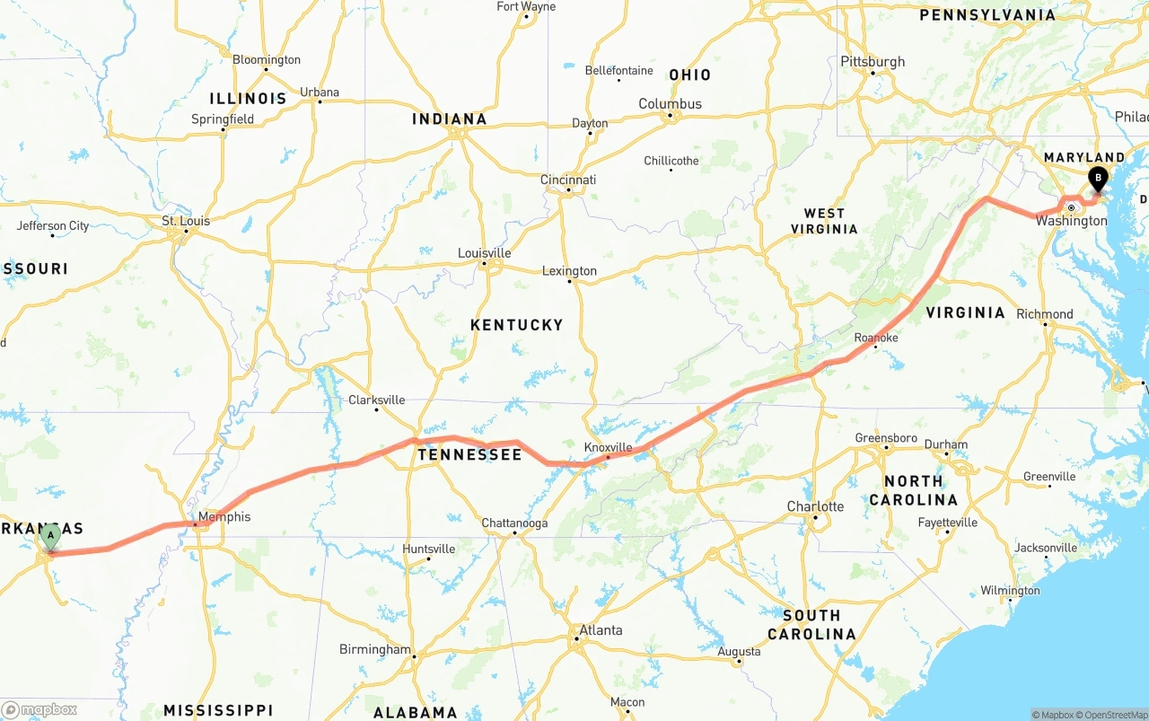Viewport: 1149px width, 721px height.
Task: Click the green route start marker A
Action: pyautogui.click(x=50, y=536)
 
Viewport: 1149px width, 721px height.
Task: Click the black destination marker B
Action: pyautogui.click(x=1097, y=178)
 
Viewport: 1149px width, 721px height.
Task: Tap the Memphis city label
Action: pyautogui.click(x=224, y=516)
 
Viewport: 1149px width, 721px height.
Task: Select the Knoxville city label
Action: pyautogui.click(x=608, y=447)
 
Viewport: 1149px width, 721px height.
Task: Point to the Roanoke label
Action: pyautogui.click(x=875, y=338)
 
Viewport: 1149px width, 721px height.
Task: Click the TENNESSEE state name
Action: pyautogui.click(x=469, y=455)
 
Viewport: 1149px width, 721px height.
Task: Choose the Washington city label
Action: pyautogui.click(x=1071, y=221)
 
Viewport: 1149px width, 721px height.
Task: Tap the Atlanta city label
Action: pyautogui.click(x=600, y=630)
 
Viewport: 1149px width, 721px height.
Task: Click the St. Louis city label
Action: pyautogui.click(x=186, y=221)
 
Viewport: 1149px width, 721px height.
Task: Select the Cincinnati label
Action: pyautogui.click(x=568, y=180)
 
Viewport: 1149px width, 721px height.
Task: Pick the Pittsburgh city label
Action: pyautogui.click(x=873, y=62)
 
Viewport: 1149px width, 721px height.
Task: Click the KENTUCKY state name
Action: pyautogui.click(x=516, y=325)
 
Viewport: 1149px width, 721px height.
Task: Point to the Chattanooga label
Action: pyautogui.click(x=514, y=523)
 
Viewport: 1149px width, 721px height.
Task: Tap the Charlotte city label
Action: pyautogui.click(x=815, y=506)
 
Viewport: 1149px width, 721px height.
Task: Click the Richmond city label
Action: pyautogui.click(x=1044, y=313)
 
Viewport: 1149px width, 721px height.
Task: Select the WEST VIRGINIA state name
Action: pyautogui.click(x=824, y=221)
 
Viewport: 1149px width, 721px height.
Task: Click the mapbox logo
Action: pyautogui.click(x=39, y=709)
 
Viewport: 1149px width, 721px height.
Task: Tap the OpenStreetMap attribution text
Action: pyautogui.click(x=1112, y=715)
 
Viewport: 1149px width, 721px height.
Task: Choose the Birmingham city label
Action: pyautogui.click(x=374, y=649)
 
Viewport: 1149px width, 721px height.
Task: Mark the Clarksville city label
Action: pyautogui.click(x=376, y=400)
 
